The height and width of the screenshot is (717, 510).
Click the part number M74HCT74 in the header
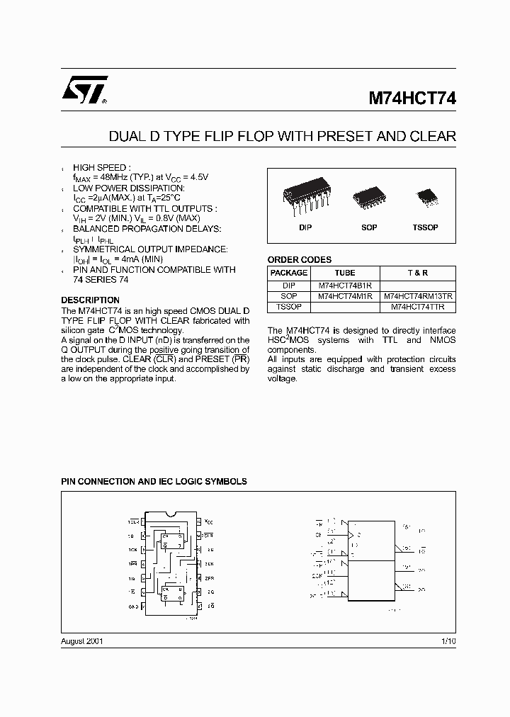coord(412,100)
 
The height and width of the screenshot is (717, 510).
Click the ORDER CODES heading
coord(299,260)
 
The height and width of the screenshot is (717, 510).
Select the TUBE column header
coord(345,273)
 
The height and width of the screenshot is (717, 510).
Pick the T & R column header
coord(418,273)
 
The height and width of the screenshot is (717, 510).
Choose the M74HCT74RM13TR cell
coord(418,296)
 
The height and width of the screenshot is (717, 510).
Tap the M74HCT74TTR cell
coord(418,307)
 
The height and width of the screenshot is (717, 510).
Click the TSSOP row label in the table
coord(289,307)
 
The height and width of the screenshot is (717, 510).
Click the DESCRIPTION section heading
coord(90,300)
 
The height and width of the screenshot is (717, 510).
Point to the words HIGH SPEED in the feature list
coord(102,167)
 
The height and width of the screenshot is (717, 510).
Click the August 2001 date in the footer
coord(82,640)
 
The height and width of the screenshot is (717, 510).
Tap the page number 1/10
coord(448,640)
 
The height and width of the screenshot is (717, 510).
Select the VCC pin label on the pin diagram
coord(208,521)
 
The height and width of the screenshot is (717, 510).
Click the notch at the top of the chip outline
coord(171,513)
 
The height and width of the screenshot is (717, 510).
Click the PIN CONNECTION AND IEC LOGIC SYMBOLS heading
coord(154,482)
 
